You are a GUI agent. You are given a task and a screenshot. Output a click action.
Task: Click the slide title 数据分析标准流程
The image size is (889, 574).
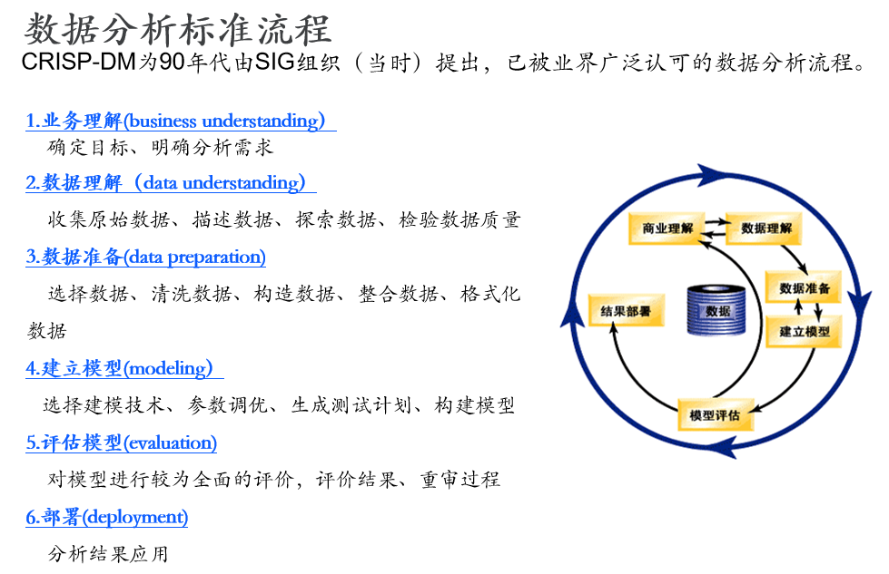click(177, 29)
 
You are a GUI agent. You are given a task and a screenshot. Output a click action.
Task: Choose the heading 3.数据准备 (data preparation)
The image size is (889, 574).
click(145, 257)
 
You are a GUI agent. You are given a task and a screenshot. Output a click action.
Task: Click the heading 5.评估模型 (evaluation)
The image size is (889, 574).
click(121, 443)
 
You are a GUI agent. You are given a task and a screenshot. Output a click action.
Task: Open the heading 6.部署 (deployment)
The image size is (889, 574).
click(106, 517)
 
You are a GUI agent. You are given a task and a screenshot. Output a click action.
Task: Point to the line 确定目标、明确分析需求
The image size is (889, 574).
click(160, 146)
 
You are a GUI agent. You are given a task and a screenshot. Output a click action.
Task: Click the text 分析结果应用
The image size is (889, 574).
click(108, 554)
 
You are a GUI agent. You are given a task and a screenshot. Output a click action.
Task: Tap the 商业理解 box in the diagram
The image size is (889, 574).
click(667, 229)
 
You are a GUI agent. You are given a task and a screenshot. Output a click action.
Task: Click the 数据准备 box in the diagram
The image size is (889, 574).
click(805, 288)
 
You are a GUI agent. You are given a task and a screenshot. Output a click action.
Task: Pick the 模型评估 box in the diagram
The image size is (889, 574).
click(715, 415)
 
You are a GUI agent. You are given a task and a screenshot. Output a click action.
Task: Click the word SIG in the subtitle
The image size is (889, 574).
click(273, 63)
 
